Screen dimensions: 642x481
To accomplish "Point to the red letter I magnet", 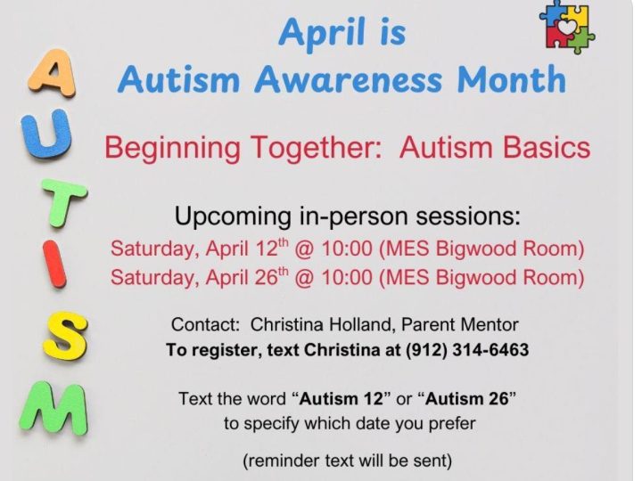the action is pyautogui.click(x=54, y=264).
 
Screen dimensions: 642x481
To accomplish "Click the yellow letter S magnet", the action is pyautogui.click(x=65, y=336).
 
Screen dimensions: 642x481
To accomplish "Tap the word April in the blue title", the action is pyautogui.click(x=322, y=33).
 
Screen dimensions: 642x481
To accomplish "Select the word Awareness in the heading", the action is pyautogui.click(x=348, y=79).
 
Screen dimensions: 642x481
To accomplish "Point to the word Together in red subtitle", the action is pyautogui.click(x=316, y=148).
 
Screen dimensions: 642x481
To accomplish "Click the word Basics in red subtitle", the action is pyautogui.click(x=547, y=147).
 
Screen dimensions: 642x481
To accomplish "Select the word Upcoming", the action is pyautogui.click(x=233, y=216).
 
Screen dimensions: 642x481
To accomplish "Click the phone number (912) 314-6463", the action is pyautogui.click(x=466, y=350).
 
